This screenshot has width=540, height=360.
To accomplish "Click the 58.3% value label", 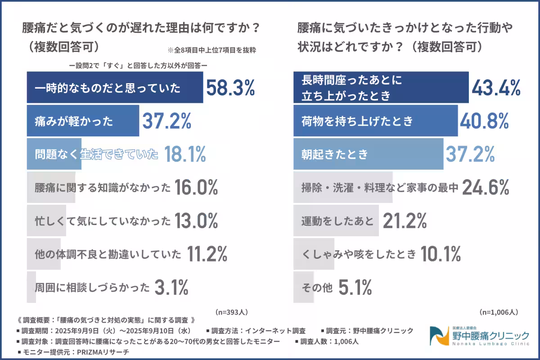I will click(x=230, y=88).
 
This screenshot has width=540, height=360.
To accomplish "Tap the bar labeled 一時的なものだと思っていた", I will click(x=115, y=87).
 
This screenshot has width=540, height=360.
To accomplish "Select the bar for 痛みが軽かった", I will click(x=83, y=121).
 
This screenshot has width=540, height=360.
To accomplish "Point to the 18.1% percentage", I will click(x=185, y=155).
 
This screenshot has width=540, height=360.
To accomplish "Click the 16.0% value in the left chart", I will click(x=197, y=188).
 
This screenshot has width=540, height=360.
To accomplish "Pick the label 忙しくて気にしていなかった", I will click(x=103, y=221).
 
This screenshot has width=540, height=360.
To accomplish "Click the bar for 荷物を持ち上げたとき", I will click(x=375, y=121).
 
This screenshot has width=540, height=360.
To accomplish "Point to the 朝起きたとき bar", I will click(x=368, y=154).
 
